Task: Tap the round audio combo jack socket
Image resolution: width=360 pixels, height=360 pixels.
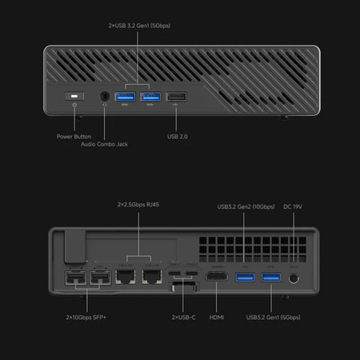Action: pos(104,98)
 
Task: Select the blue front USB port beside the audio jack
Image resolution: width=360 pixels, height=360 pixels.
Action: pos(125,98)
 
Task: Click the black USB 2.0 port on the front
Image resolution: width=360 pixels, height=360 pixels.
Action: pos(176,98)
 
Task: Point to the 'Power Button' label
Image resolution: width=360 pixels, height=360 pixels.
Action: pos(74,135)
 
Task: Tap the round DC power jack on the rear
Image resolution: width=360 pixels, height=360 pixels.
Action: pos(294,278)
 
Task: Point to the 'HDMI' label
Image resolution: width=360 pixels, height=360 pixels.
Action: pos(216,317)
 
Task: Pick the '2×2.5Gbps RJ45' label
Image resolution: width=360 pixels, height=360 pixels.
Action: pos(138,203)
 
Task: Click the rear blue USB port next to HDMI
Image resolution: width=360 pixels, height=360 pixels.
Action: pos(245,278)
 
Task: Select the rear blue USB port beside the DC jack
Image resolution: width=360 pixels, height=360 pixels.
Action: pos(270,278)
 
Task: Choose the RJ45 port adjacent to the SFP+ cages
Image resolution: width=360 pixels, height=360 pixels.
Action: pos(126,279)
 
